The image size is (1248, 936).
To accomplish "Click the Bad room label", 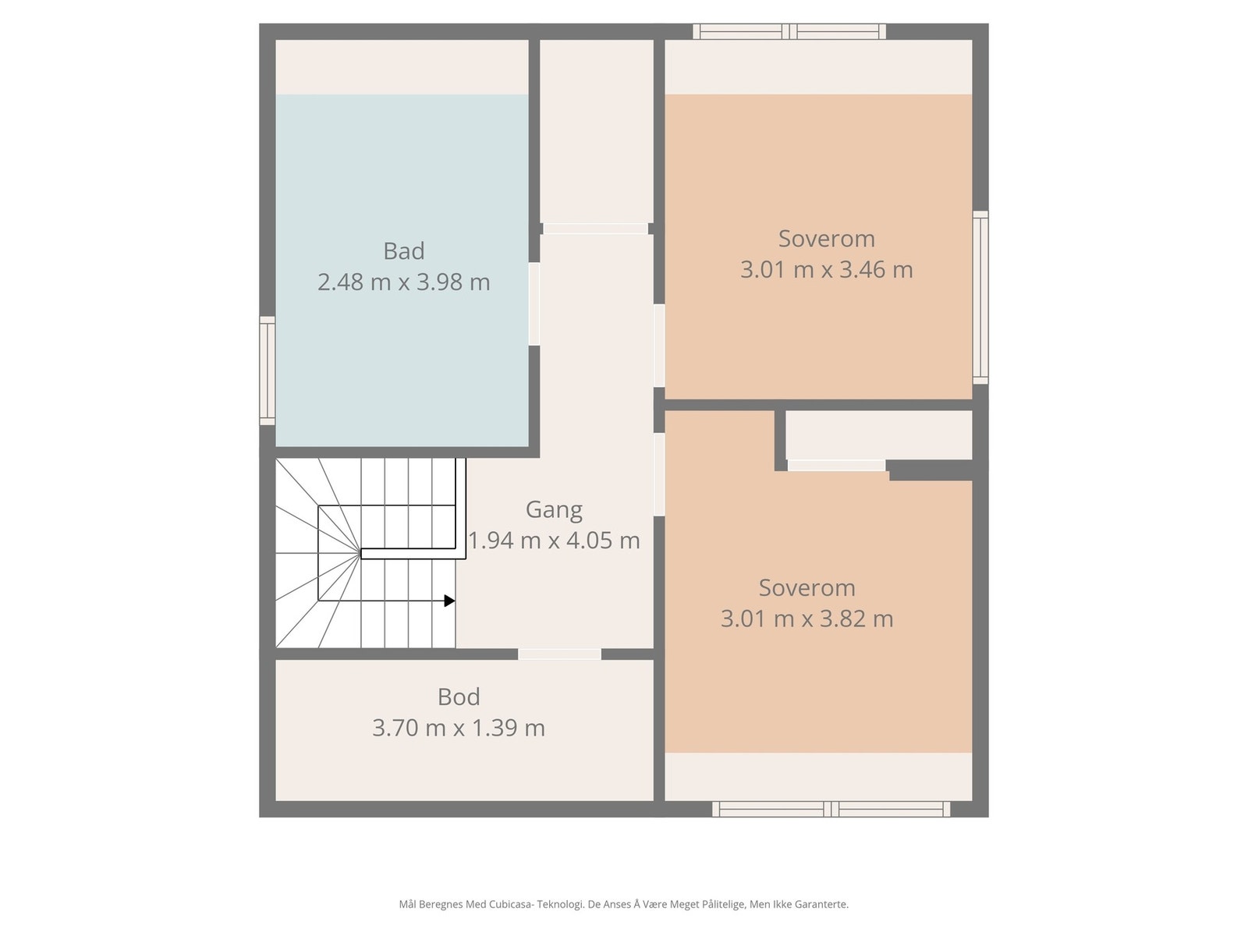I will (403, 251).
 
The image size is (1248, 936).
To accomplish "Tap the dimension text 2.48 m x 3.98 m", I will (403, 282).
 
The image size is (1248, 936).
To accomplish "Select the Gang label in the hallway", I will (554, 509).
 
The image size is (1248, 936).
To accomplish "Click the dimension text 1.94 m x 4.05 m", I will (554, 540).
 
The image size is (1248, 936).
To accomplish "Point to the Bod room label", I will (459, 697).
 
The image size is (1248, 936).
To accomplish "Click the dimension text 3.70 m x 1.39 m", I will (459, 728).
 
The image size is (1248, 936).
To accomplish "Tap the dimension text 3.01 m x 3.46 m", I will (826, 270).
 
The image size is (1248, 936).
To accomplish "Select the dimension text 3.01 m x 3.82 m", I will (807, 619).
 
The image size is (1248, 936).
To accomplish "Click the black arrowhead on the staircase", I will (449, 601).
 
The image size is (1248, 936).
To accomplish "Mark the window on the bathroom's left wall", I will (268, 371).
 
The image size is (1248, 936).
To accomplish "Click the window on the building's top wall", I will (789, 32).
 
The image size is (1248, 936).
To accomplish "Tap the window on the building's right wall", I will (980, 297).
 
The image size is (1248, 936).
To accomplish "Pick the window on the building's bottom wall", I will (831, 809).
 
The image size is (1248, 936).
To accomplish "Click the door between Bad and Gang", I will (534, 304).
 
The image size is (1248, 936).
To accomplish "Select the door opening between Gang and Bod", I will (559, 654).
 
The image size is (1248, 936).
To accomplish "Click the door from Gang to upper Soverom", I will (659, 346).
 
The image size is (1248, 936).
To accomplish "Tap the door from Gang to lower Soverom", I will (659, 474).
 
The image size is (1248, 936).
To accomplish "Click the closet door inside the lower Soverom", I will (836, 466).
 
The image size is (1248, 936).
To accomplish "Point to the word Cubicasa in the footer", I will (512, 905).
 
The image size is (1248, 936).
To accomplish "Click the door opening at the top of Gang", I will (595, 229).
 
